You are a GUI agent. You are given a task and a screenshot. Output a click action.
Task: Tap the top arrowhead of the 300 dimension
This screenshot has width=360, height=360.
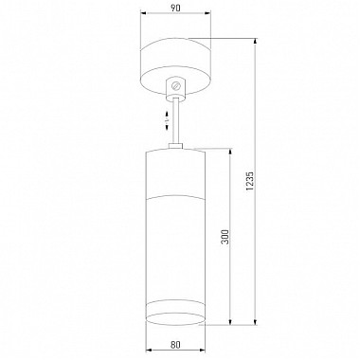point(230,151)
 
